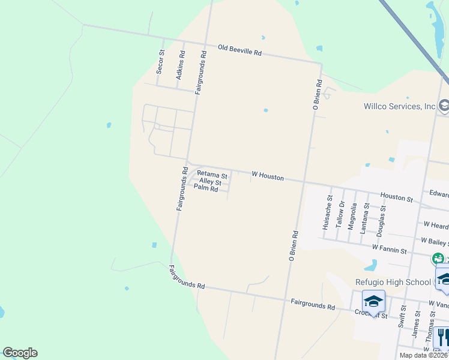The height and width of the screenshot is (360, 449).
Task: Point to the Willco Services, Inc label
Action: click(400, 107)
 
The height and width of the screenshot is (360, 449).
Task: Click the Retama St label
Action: click(212, 175)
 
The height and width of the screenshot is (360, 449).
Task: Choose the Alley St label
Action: click(210, 181)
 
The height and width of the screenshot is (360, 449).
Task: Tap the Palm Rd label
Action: click(205, 188)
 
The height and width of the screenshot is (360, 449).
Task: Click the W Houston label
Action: click(268, 177)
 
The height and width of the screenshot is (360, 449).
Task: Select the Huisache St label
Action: click(327, 212)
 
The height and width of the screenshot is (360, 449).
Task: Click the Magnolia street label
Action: click(354, 216)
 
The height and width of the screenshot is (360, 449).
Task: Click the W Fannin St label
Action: click(390, 247)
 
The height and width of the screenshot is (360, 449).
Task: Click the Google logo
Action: click(20, 353)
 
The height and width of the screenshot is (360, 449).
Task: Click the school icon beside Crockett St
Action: click(373, 302)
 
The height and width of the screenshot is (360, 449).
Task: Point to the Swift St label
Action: click(402, 316)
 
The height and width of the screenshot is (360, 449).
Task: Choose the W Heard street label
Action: click(436, 225)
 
